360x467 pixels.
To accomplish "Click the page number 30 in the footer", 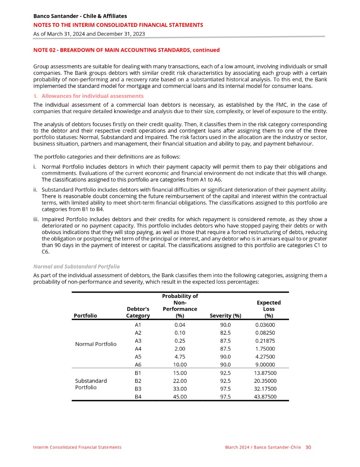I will [x=308, y=447].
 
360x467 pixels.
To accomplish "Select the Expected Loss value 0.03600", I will [x=265, y=325].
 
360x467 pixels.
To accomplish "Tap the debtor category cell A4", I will [x=138, y=349].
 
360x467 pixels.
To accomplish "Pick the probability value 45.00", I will [x=180, y=397].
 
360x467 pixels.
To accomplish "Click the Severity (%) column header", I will [x=225, y=315].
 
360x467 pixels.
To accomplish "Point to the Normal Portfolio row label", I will [x=96, y=344].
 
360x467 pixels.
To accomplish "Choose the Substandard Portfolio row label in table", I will [x=91, y=384].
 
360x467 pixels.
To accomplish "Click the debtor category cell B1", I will [x=138, y=373].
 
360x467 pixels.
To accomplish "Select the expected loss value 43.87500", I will [x=265, y=397].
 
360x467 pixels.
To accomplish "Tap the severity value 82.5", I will [x=225, y=333].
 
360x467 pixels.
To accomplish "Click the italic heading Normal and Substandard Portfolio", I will [x=76, y=267].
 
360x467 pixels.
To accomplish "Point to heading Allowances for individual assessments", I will [x=92, y=96].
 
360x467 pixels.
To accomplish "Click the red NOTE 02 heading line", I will [x=126, y=50].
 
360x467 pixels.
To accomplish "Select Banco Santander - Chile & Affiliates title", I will [x=80, y=16].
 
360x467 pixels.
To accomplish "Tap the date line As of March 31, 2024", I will [x=89, y=34].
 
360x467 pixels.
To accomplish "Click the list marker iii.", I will [x=36, y=219].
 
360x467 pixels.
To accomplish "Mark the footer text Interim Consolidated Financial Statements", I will [x=77, y=447].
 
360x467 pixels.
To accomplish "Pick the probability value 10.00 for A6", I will [x=180, y=365].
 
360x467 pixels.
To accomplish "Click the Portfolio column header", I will [x=85, y=315].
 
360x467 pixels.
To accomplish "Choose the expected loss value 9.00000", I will [x=265, y=365].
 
